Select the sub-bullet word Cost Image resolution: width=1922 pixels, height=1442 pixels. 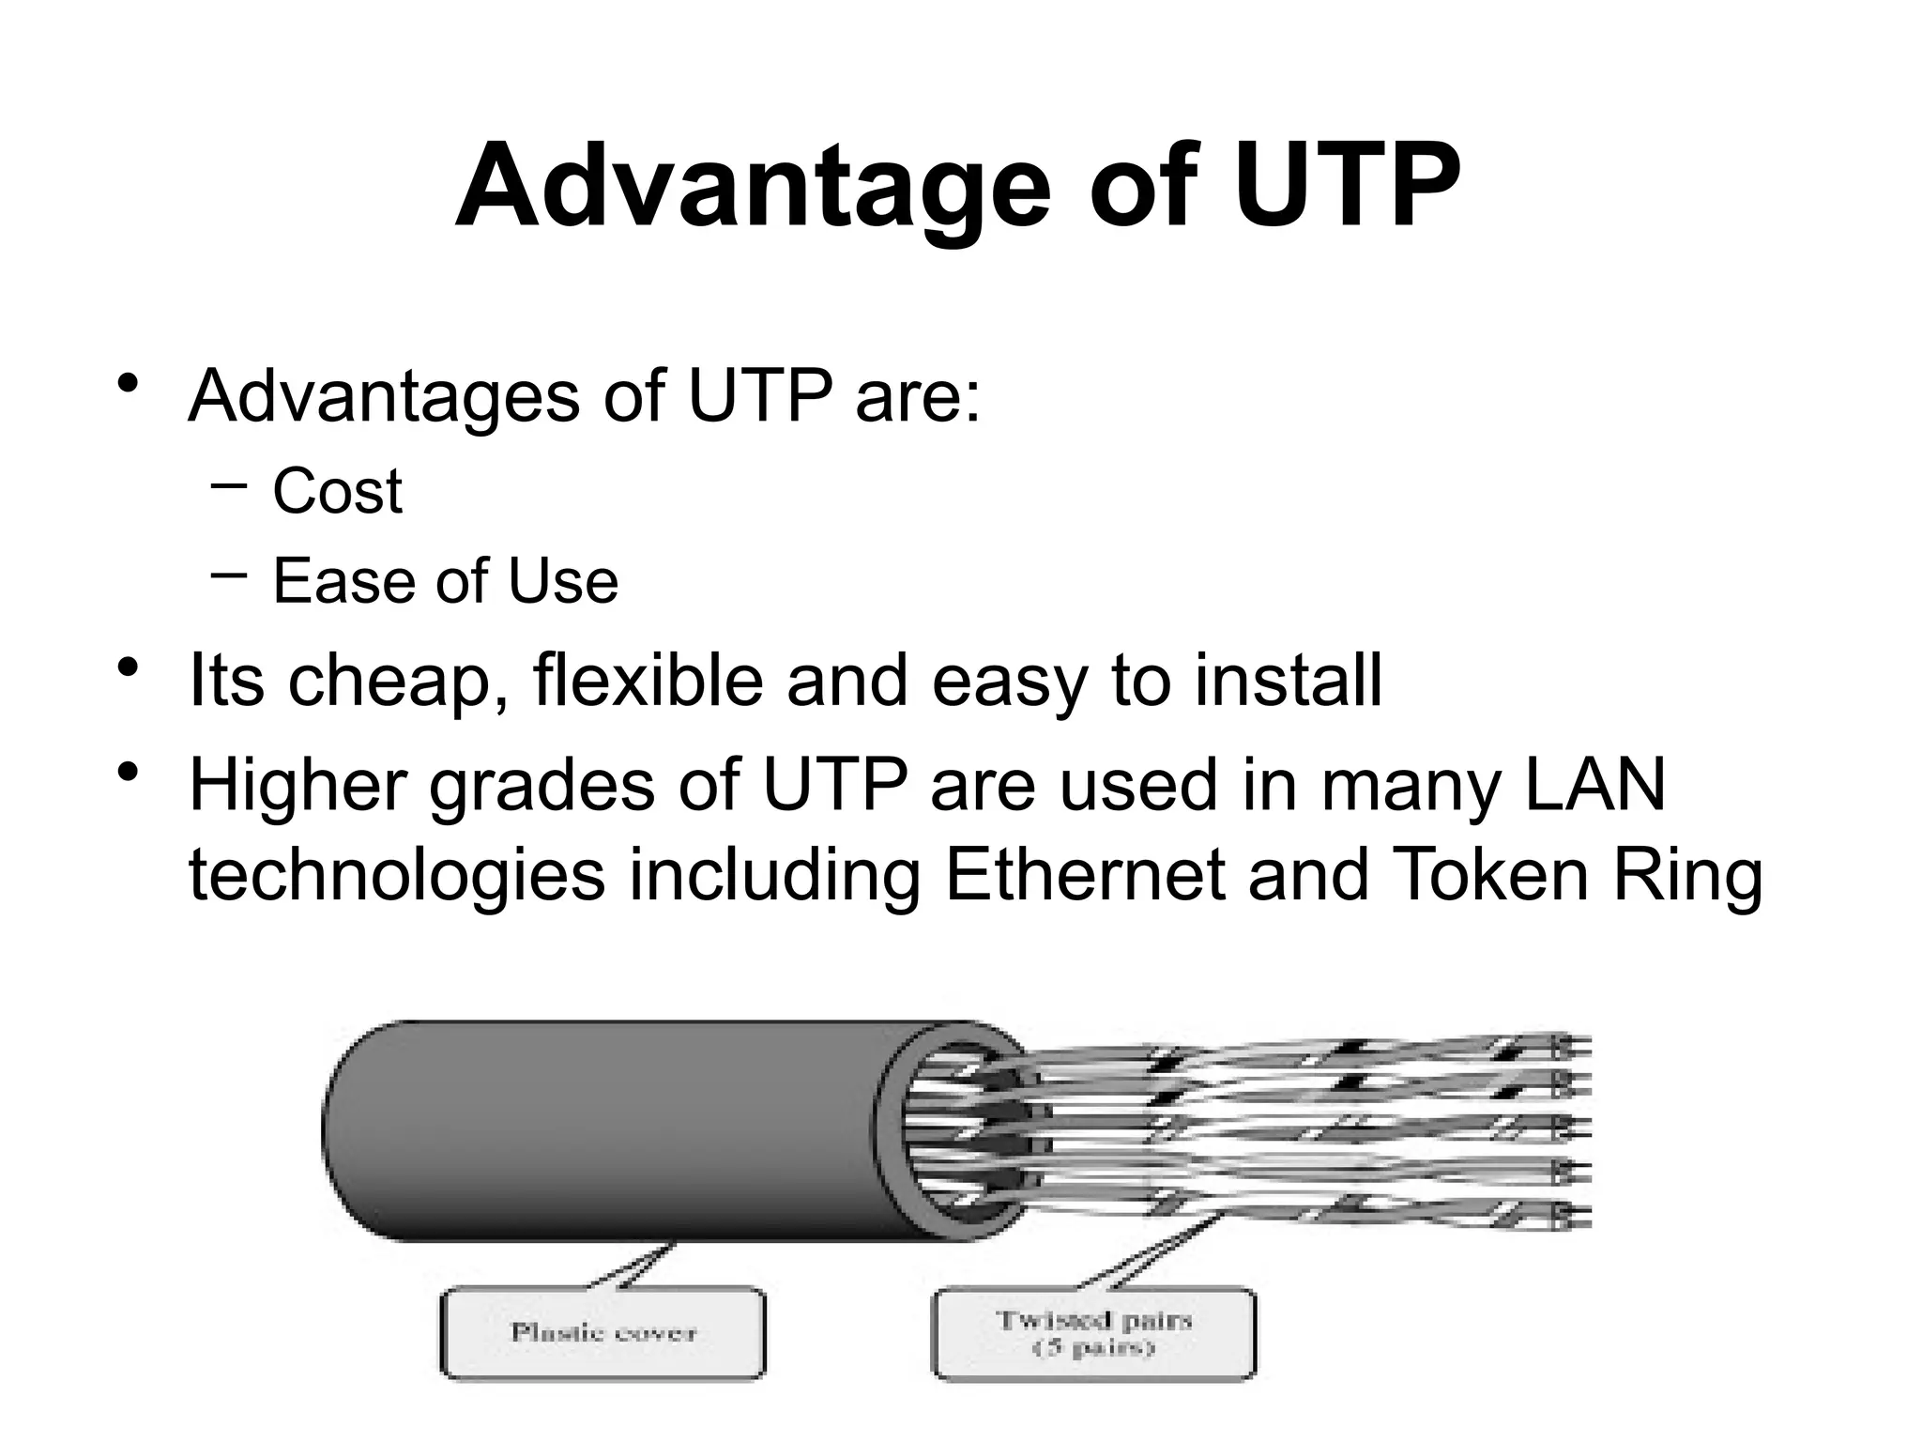click(337, 490)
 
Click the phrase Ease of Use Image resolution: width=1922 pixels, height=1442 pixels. click(445, 580)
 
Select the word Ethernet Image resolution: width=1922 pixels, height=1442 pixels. click(1085, 875)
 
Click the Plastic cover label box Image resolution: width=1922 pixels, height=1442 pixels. click(603, 1332)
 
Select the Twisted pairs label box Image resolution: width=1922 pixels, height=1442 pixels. click(1093, 1332)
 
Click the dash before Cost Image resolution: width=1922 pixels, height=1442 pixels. click(229, 484)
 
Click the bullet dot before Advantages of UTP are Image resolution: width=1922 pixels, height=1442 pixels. click(129, 386)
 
